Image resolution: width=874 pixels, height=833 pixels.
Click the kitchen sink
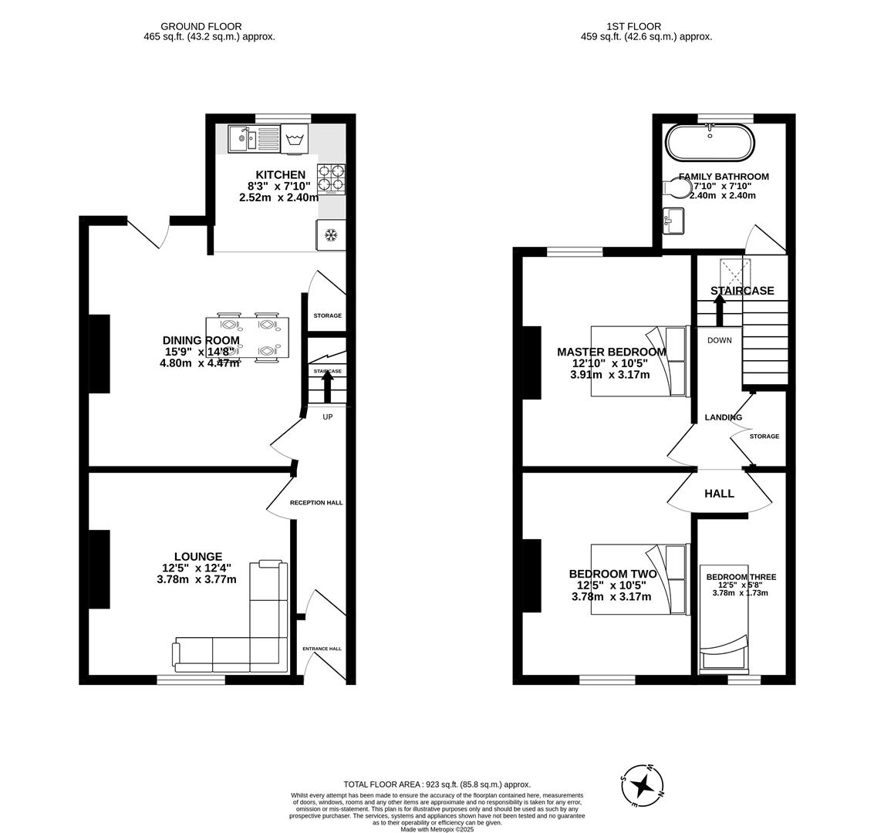click(253, 140)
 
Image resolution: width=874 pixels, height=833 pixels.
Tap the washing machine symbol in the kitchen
click(294, 140)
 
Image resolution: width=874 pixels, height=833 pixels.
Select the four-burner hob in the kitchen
click(331, 179)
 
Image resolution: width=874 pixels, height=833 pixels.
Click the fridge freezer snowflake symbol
click(331, 235)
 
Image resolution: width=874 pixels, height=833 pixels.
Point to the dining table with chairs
click(247, 338)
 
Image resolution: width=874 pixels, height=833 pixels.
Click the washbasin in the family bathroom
click(673, 221)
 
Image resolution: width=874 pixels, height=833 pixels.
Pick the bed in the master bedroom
click(639, 361)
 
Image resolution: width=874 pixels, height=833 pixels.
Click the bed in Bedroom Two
click(639, 579)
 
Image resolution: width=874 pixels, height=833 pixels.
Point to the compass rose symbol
click(642, 786)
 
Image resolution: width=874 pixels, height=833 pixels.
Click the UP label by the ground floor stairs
click(327, 417)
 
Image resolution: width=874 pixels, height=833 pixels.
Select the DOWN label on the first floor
click(719, 340)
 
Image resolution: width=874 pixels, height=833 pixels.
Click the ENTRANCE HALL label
click(322, 649)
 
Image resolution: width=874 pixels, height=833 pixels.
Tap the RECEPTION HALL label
click(316, 503)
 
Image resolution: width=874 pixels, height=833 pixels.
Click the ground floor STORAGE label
click(327, 315)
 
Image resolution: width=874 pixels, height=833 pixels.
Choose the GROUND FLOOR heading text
click(201, 26)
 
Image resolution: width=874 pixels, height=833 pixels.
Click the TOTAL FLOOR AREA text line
click(437, 784)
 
